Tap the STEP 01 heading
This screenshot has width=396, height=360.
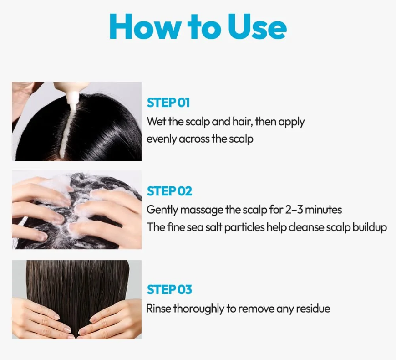pyautogui.click(x=168, y=103)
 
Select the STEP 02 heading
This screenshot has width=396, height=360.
pyautogui.click(x=169, y=191)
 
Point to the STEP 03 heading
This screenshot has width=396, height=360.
pyautogui.click(x=169, y=289)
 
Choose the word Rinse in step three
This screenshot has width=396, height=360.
pyautogui.click(x=158, y=309)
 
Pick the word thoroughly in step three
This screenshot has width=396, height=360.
pyautogui.click(x=199, y=309)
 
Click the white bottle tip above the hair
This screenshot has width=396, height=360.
pyautogui.click(x=72, y=98)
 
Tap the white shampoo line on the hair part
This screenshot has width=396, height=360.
pyautogui.click(x=67, y=131)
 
